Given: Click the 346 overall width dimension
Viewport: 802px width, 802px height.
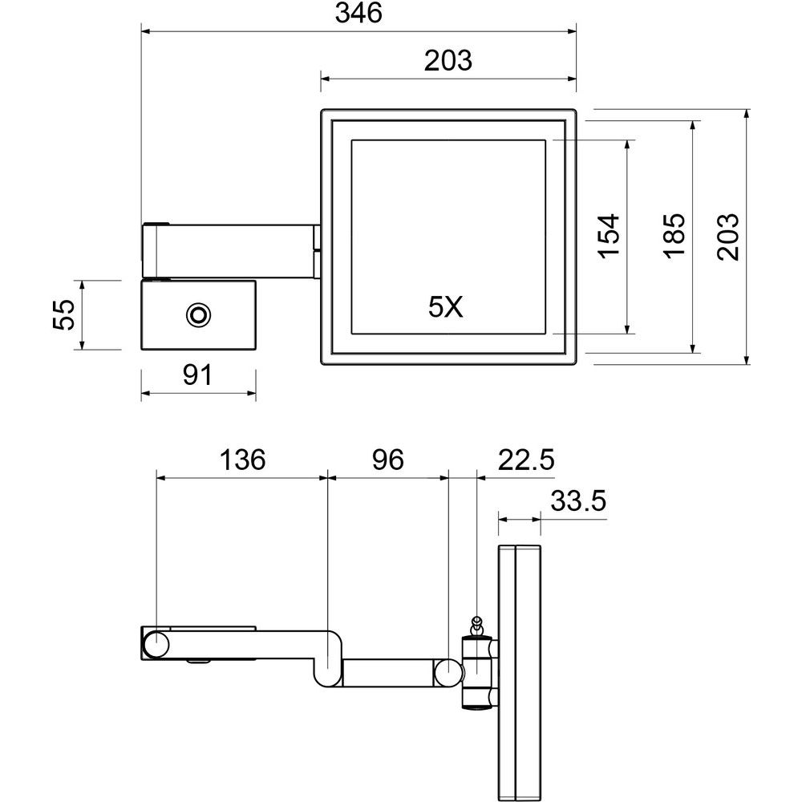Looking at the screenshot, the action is tap(358, 14).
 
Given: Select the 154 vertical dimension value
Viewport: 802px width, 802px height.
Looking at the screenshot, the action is tap(610, 237).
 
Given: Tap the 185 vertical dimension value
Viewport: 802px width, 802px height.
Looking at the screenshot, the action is tap(674, 237).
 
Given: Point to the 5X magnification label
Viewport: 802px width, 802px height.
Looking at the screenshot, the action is tap(445, 307).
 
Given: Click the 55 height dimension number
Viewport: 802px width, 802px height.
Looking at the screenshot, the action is tap(64, 314).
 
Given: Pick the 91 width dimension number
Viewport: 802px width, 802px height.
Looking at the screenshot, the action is tap(197, 375).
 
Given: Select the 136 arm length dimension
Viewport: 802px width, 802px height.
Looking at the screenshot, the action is tap(242, 460).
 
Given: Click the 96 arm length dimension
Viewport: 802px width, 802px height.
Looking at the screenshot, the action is tap(387, 460).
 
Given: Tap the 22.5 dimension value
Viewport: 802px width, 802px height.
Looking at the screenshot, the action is tap(526, 460).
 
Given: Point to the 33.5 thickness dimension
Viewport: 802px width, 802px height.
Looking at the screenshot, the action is tap(578, 500).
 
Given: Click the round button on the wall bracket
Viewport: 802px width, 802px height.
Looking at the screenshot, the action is tap(197, 314).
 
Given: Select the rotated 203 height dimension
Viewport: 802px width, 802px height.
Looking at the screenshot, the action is tap(728, 237).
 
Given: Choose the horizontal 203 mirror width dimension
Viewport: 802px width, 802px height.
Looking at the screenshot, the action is tap(448, 60).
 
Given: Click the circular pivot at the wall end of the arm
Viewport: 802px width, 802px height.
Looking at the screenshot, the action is tap(156, 643).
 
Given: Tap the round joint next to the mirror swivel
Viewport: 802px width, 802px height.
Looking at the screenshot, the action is tap(448, 672).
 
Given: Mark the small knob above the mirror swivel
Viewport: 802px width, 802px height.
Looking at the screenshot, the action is tap(476, 625).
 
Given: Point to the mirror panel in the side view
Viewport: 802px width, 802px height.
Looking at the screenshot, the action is tap(519, 672).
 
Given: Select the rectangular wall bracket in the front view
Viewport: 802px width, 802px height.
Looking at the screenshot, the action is tap(198, 315).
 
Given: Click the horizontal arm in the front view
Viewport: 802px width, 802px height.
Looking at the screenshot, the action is tap(231, 250).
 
